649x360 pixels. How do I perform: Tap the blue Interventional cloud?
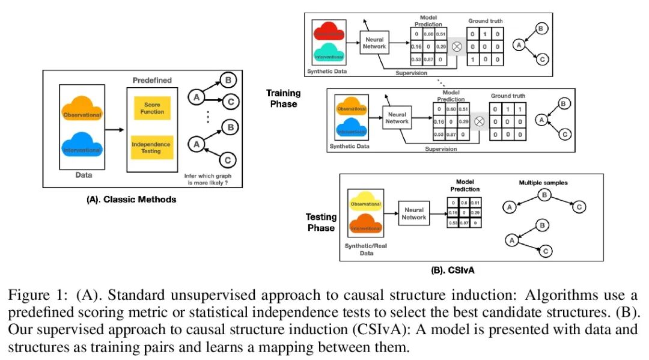tap(82, 148)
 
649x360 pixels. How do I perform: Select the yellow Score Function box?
tap(152, 108)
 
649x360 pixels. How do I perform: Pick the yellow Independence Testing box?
tap(151, 147)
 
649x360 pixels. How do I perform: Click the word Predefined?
tap(152, 80)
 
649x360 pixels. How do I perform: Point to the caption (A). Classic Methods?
tap(132, 199)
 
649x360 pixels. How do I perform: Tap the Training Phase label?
tap(284, 99)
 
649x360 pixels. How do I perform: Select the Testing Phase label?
tap(321, 222)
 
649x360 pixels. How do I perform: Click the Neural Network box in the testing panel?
tap(414, 214)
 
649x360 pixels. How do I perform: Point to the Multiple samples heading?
tap(543, 182)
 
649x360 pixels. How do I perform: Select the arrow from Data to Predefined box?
tap(115, 129)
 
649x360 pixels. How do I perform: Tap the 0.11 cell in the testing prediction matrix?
tap(475, 203)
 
